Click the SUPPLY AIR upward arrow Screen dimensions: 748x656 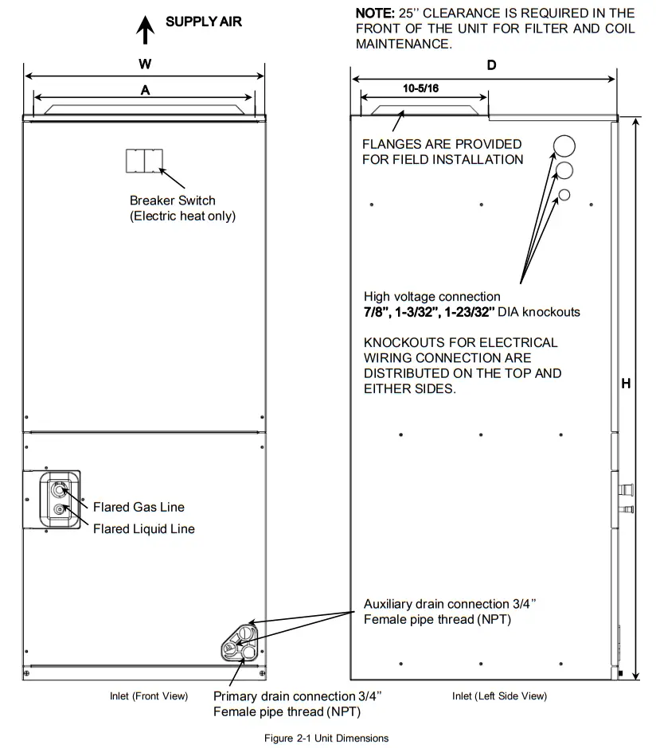coord(145,30)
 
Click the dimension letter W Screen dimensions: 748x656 coord(145,63)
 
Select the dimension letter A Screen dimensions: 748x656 coord(145,91)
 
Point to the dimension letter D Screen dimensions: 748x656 coord(491,65)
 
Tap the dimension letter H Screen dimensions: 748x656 coord(626,384)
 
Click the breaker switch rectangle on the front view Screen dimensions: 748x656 coord(144,160)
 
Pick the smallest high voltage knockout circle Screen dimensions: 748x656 coord(564,195)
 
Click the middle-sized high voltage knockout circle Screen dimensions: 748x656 coord(564,170)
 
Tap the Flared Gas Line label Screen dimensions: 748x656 coord(139,507)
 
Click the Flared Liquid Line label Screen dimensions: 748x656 coord(143,528)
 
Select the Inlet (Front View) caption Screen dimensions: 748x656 coord(149,696)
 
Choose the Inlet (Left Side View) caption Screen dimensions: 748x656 coord(499,696)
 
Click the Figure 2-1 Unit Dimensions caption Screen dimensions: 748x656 coord(326,738)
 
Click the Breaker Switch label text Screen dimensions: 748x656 coord(173,201)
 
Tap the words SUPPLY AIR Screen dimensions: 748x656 coord(204,21)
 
